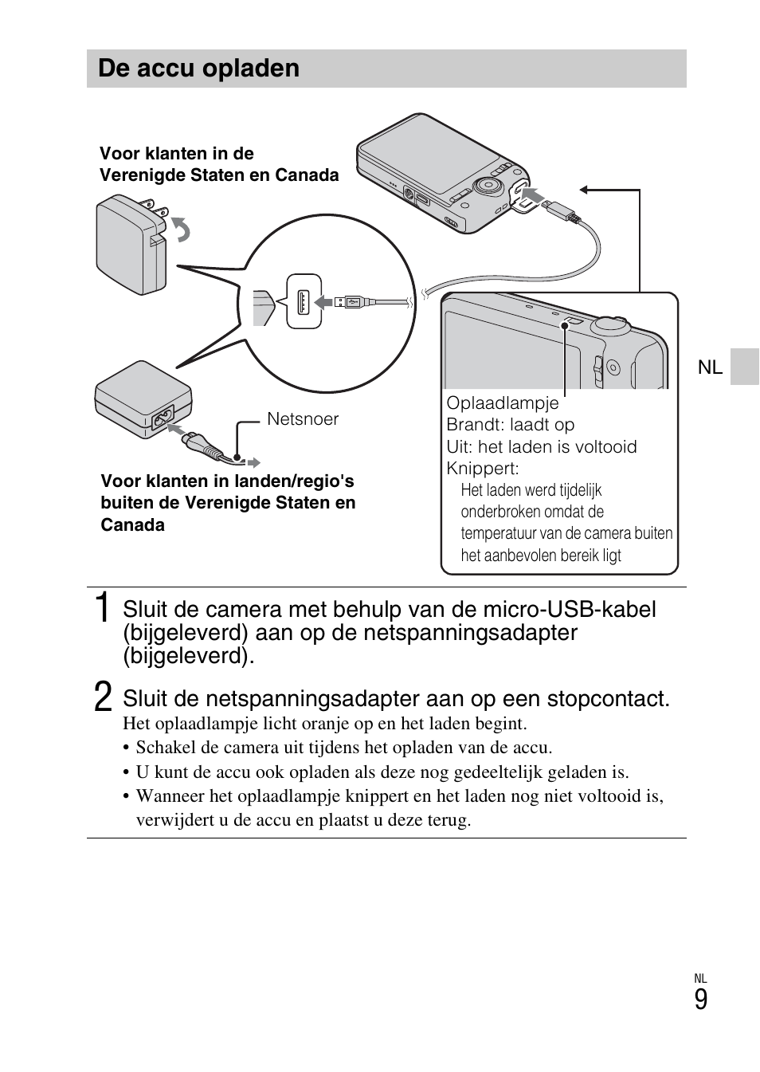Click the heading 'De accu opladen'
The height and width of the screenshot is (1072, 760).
click(x=198, y=69)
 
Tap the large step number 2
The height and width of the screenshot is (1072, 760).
click(x=102, y=697)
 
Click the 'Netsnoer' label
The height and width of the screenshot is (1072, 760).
click(x=303, y=419)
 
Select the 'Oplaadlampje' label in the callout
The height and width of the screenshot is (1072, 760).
click(x=502, y=403)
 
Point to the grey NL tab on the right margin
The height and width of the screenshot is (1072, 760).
click(x=744, y=367)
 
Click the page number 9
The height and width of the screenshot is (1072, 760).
click(x=700, y=1000)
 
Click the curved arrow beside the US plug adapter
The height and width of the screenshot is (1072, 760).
click(x=182, y=230)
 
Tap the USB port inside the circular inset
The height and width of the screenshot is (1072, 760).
click(x=304, y=301)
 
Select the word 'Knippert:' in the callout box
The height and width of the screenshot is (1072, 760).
click(x=482, y=469)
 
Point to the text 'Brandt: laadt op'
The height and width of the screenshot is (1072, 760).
click(x=510, y=425)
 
